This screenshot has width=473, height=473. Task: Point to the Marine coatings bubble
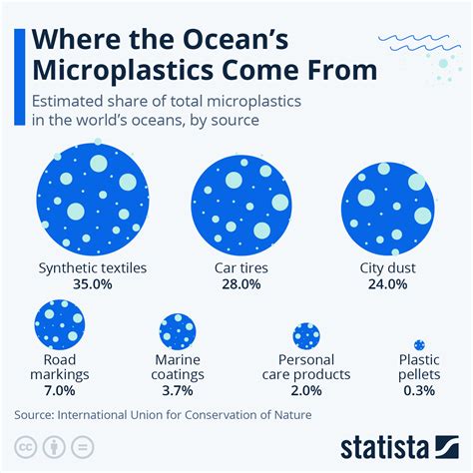tap(179, 330)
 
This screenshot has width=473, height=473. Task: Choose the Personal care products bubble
tap(305, 335)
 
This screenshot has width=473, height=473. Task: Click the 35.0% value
tap(92, 284)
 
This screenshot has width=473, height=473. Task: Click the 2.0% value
tap(305, 390)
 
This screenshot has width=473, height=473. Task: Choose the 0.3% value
tap(419, 390)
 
